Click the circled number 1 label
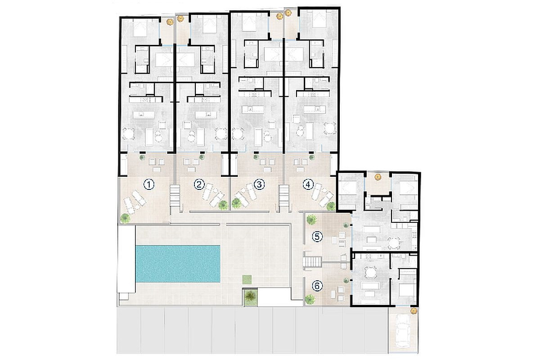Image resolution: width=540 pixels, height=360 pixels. coord(149,185)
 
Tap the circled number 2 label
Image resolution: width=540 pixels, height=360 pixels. coord(199,184)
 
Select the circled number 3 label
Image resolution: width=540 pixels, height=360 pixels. coord(259,184)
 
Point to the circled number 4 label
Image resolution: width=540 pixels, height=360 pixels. coord(308,185)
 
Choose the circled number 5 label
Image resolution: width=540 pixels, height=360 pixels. coord(317,237)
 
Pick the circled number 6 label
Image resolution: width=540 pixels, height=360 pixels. coord(317,286)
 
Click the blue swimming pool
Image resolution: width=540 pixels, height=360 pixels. coord(178,264)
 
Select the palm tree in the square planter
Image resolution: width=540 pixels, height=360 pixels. coord(251,297)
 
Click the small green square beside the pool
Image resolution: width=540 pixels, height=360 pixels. coord(247,279)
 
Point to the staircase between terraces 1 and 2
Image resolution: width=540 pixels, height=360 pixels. coord(175,196)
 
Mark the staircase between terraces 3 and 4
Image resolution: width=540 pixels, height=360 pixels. coord(284,196)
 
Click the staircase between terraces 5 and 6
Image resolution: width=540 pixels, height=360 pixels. coord(313,262)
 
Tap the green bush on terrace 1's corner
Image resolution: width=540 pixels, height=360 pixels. coord(126,218)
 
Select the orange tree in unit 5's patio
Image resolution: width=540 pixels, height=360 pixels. coord(377,177)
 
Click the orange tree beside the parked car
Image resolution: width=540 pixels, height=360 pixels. coord(414,310)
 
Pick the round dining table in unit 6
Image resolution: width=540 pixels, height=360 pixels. coord(370,272)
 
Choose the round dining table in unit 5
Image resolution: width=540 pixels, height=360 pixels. coord(394,243)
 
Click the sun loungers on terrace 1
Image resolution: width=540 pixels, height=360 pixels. coord(134,202)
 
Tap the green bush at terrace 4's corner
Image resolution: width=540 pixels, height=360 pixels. coord(331,206)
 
